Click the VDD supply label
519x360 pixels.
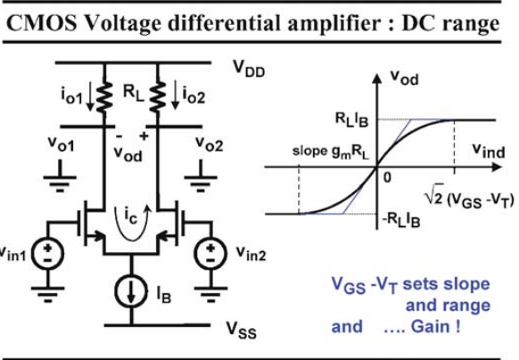click(x=249, y=70)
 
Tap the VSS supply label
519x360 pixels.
click(x=242, y=331)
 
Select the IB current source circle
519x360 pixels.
click(x=131, y=291)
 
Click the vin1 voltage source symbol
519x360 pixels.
click(x=47, y=255)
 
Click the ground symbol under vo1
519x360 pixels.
click(x=60, y=176)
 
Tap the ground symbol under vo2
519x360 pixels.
click(x=201, y=176)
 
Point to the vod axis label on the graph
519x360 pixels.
click(x=405, y=78)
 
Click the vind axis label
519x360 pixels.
click(x=489, y=151)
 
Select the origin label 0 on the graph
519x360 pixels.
click(x=387, y=177)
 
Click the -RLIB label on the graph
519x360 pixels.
click(x=401, y=220)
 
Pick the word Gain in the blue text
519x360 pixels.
click(x=431, y=327)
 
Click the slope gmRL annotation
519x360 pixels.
click(x=330, y=151)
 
